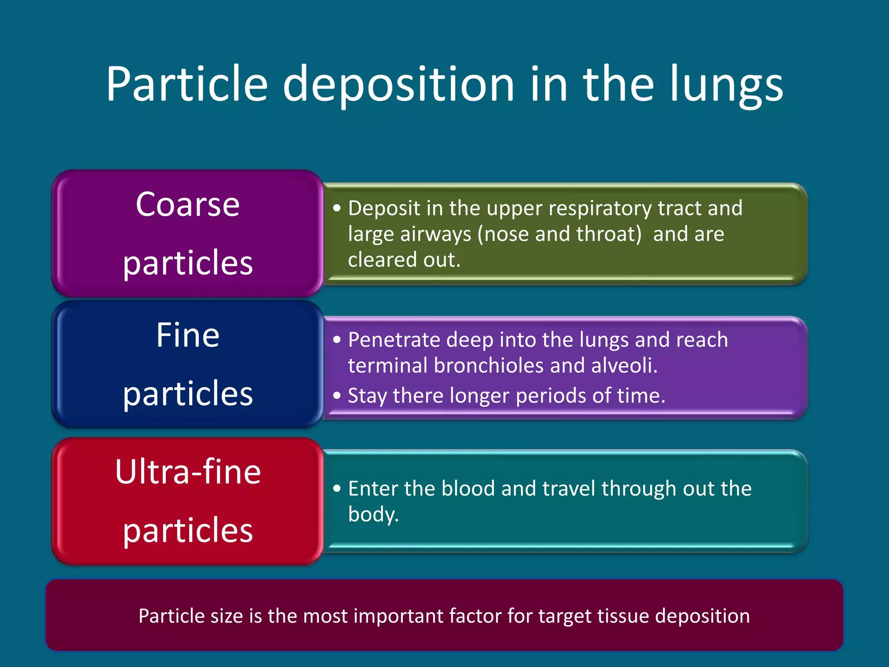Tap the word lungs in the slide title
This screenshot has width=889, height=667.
726,85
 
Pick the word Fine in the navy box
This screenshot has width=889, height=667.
188,335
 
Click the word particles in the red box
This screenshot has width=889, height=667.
188,531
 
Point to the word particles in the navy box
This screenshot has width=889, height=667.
188,393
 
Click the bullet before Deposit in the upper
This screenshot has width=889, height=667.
337,208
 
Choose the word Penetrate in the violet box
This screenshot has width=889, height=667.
394,340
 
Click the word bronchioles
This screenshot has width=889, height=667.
488,365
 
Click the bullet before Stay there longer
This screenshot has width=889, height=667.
337,396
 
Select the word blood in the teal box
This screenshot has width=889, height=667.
468,489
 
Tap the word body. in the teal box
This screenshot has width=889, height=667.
373,515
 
